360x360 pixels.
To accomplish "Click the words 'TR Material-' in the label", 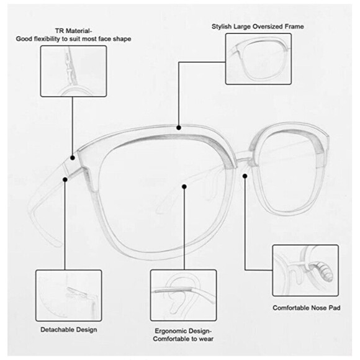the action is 73,31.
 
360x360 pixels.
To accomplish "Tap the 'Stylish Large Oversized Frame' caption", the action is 258,27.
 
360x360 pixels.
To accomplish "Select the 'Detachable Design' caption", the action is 69,330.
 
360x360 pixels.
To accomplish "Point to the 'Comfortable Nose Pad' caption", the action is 306,308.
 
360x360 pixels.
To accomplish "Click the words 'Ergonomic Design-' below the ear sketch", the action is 183,331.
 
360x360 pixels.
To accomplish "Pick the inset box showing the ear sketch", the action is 184,295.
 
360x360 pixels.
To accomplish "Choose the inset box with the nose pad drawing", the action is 305,271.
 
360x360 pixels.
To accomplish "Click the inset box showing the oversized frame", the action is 259,59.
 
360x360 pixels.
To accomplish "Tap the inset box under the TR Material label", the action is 73,71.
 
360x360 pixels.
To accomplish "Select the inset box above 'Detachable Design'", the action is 69,295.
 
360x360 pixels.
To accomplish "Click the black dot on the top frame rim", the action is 179,128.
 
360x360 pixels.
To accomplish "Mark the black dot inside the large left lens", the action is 184,187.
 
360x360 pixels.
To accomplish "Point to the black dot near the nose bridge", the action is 245,176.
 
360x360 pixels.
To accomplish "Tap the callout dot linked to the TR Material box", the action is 73,158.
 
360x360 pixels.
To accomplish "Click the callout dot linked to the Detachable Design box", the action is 65,179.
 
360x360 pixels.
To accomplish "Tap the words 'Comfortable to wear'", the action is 183,339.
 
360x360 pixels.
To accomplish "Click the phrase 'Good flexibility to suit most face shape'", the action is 73,39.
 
